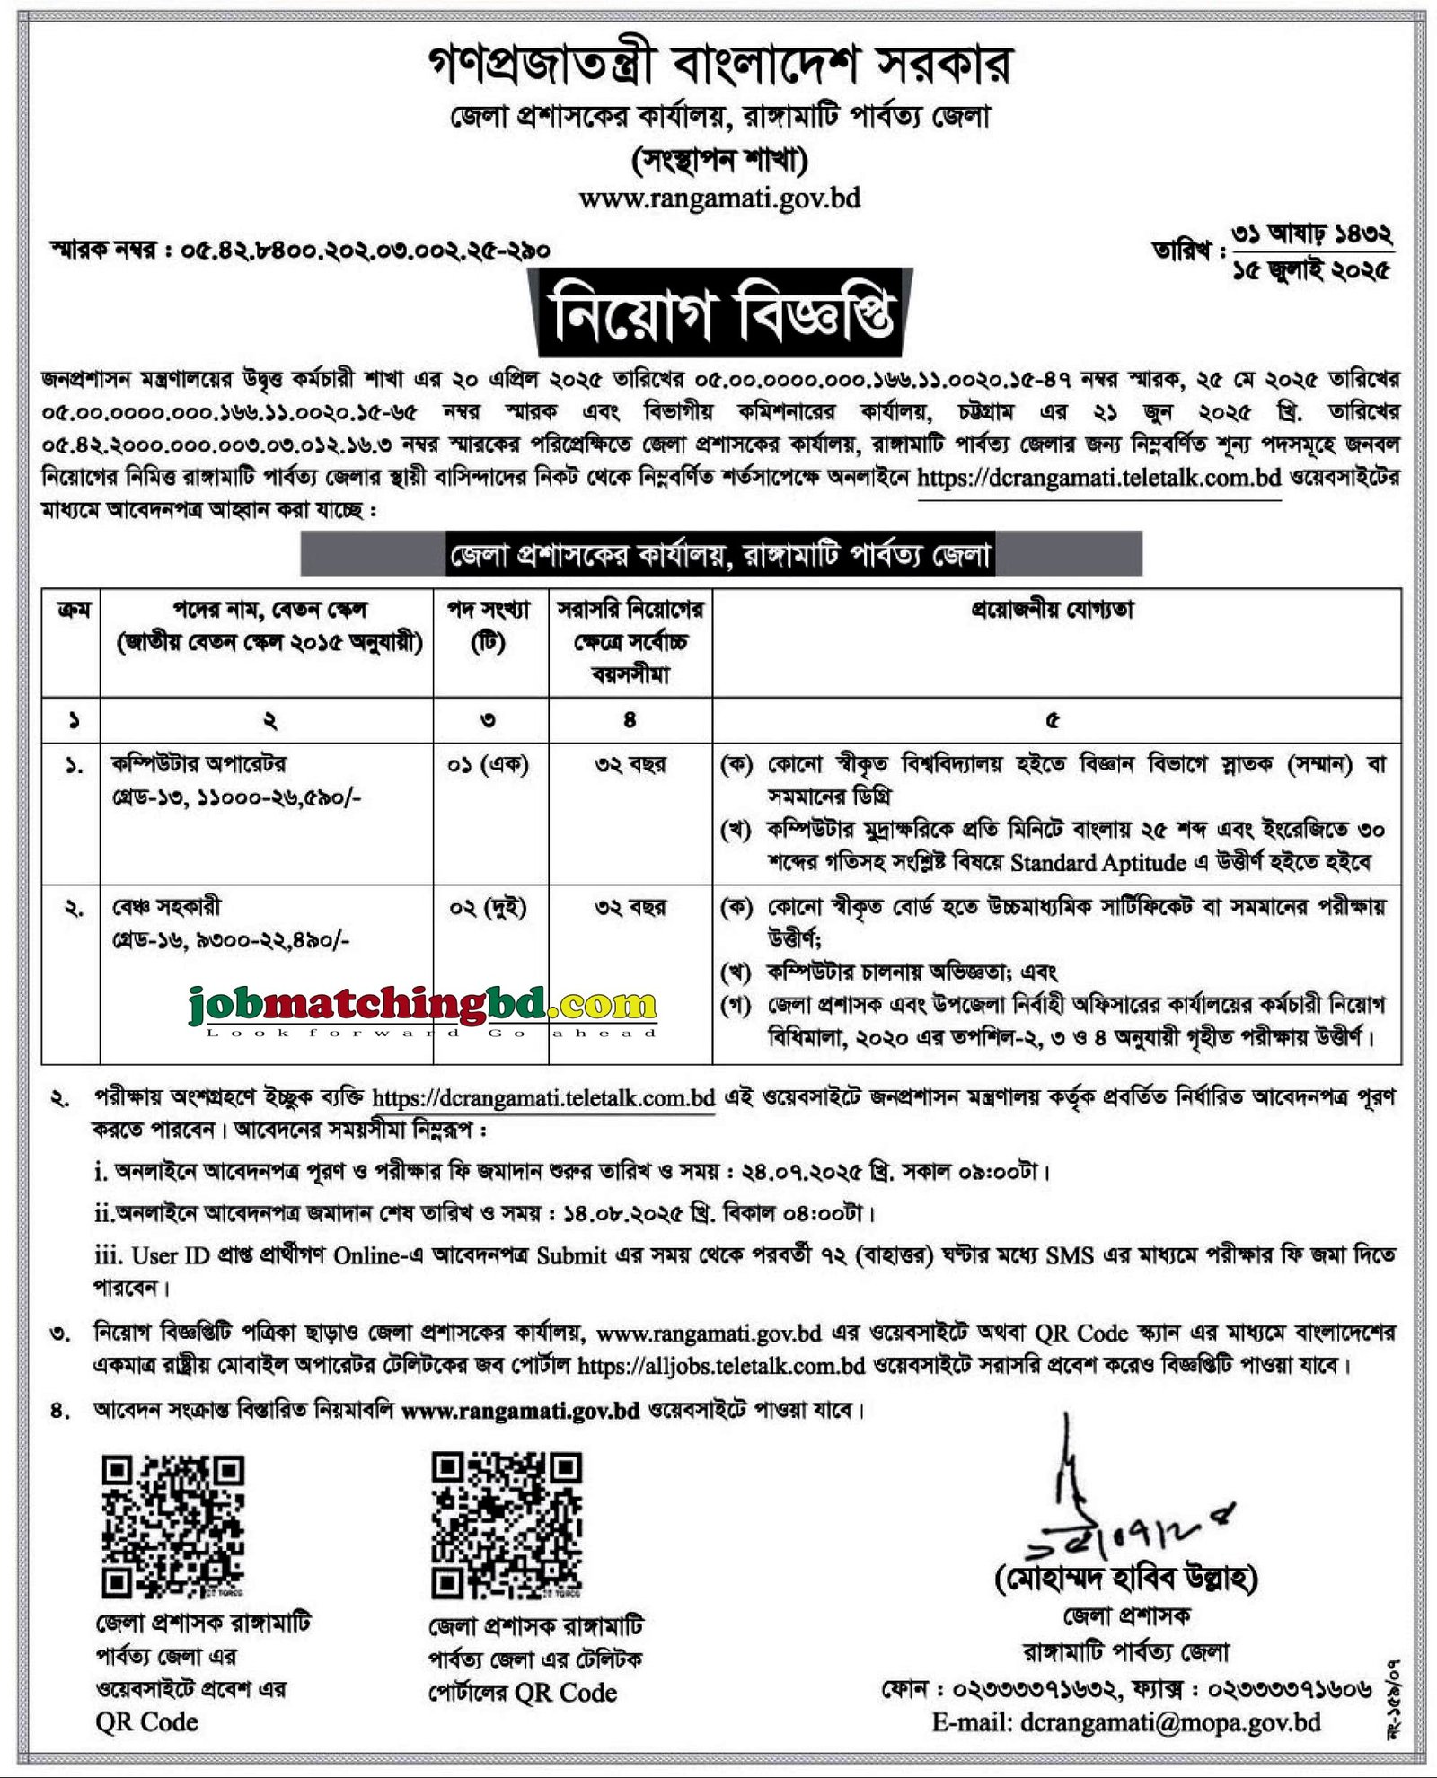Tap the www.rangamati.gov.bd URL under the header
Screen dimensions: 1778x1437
tap(719, 198)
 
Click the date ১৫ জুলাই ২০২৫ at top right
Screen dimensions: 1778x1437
tap(1312, 268)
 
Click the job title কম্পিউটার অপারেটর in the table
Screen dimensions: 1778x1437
tap(199, 764)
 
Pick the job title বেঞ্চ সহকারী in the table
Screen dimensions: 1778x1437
tap(166, 907)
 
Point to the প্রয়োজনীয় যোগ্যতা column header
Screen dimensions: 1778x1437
tap(1054, 611)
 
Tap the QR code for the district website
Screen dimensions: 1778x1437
tap(172, 1527)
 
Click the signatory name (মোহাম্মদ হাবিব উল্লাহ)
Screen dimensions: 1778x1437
tap(1126, 1578)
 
